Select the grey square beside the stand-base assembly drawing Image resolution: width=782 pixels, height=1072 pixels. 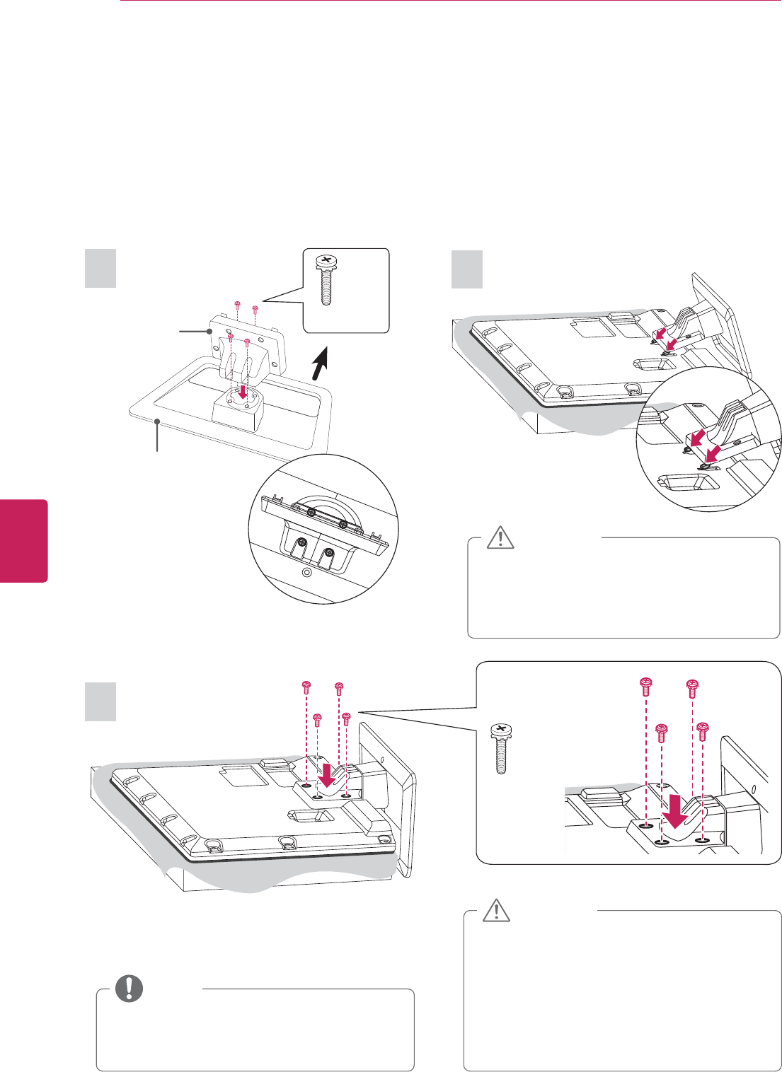click(100, 267)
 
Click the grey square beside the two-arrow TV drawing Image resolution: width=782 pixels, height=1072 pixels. click(467, 268)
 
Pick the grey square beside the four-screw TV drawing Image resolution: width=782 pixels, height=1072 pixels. click(100, 701)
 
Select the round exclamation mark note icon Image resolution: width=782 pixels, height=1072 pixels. click(129, 988)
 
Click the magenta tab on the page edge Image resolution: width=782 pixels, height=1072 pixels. click(24, 541)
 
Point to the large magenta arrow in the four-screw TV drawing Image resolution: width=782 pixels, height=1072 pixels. click(328, 772)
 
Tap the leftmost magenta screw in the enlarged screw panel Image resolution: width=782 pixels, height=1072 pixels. click(645, 685)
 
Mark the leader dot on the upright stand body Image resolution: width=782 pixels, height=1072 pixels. click(210, 330)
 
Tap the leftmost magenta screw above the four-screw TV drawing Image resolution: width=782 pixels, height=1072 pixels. click(306, 687)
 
